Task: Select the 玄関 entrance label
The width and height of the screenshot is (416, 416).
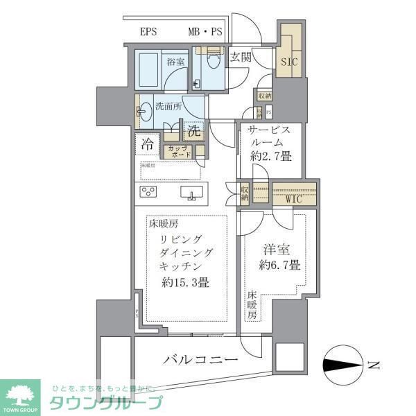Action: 241,58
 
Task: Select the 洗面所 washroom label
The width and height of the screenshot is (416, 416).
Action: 168,107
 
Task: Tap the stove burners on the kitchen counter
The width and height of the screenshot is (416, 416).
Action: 150,192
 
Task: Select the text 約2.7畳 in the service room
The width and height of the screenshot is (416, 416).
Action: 271,157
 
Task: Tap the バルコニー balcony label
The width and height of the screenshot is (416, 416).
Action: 201,360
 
